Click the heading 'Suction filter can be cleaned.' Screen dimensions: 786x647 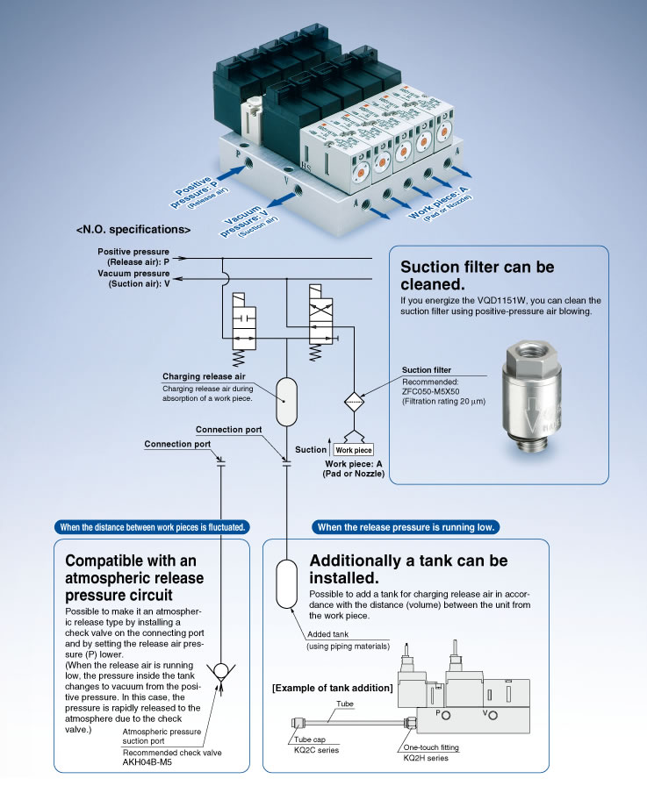tap(477, 275)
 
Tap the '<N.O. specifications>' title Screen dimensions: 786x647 tap(133, 229)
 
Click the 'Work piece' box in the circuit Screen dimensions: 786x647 tap(353, 449)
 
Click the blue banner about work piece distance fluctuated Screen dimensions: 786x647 tap(152, 527)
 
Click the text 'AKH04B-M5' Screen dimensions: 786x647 tap(148, 763)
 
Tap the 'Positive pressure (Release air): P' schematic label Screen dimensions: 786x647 tap(135, 257)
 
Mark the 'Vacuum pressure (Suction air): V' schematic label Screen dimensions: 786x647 tap(135, 278)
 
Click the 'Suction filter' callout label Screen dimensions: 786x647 tap(426, 370)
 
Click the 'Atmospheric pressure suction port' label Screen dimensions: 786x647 tap(162, 736)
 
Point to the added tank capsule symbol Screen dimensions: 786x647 tap(287, 583)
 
